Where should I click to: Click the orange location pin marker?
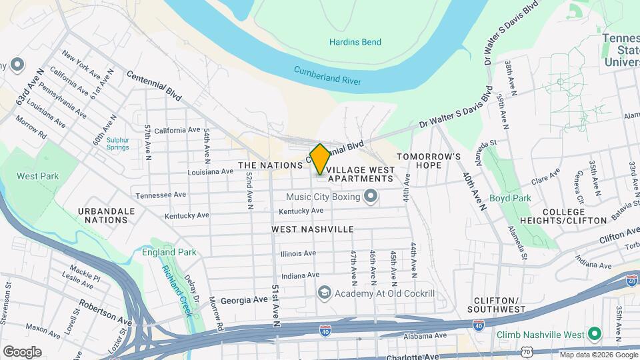point(320,159)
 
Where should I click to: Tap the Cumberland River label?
point(327,76)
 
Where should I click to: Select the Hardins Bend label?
point(355,43)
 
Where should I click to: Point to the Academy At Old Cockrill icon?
point(324,293)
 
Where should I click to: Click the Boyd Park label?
point(529,198)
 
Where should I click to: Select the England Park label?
point(169,252)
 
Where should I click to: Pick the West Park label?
point(38,177)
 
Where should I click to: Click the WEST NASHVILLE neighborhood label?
point(313,229)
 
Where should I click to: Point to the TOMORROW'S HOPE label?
point(429,160)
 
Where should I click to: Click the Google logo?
point(22,351)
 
